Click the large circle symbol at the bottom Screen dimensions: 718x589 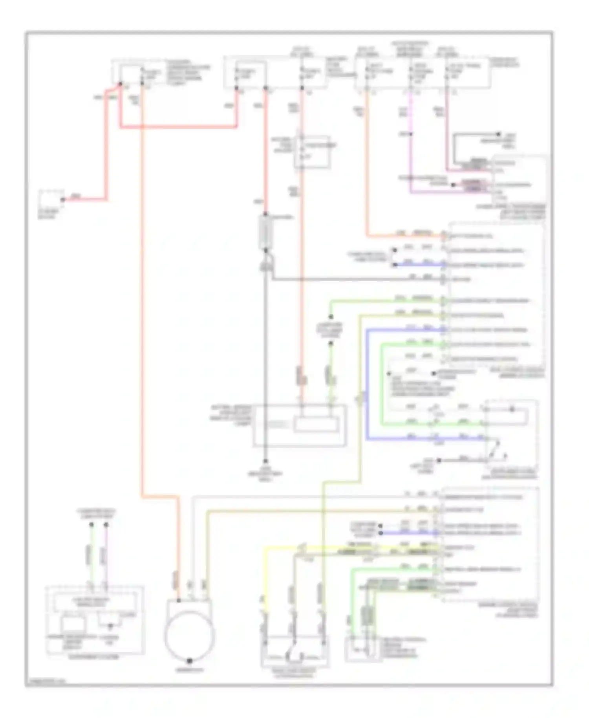pos(190,635)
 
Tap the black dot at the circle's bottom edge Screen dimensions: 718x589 pos(190,661)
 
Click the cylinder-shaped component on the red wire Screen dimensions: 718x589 pos(266,233)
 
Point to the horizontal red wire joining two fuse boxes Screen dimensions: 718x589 pos(179,127)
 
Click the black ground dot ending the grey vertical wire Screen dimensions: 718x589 pos(265,461)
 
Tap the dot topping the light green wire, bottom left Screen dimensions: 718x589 pos(91,524)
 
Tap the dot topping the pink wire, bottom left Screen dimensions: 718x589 pos(106,524)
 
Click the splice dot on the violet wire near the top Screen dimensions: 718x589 pos(411,134)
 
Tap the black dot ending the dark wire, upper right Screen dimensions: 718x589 pos(499,134)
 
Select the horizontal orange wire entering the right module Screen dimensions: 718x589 pos(404,236)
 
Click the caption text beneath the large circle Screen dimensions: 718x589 pos(190,670)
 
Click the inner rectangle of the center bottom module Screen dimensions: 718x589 pos(316,425)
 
